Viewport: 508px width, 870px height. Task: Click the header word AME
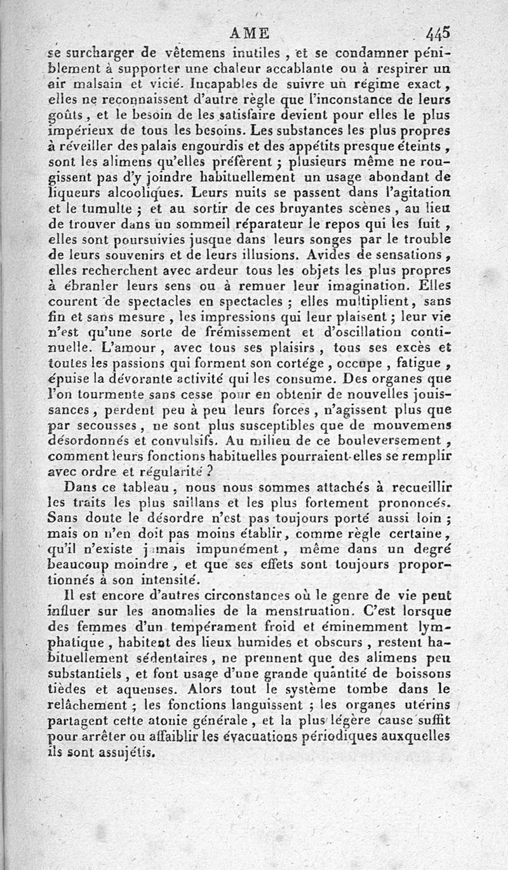point(250,34)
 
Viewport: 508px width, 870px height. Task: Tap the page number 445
point(438,32)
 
